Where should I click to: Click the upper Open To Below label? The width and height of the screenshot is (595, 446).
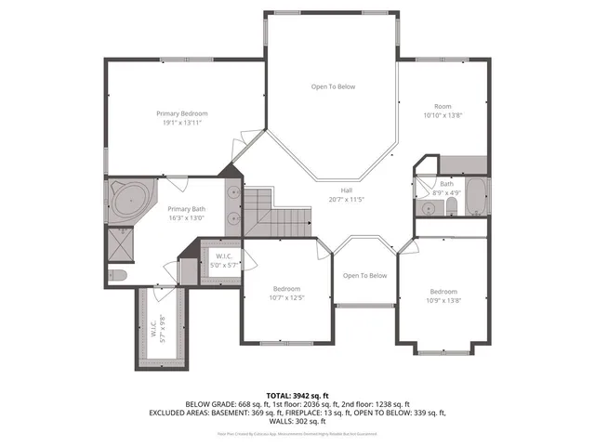click(333, 86)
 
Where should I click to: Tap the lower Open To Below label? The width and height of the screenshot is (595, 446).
click(364, 275)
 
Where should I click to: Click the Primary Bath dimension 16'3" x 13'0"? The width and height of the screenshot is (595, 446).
click(186, 218)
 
